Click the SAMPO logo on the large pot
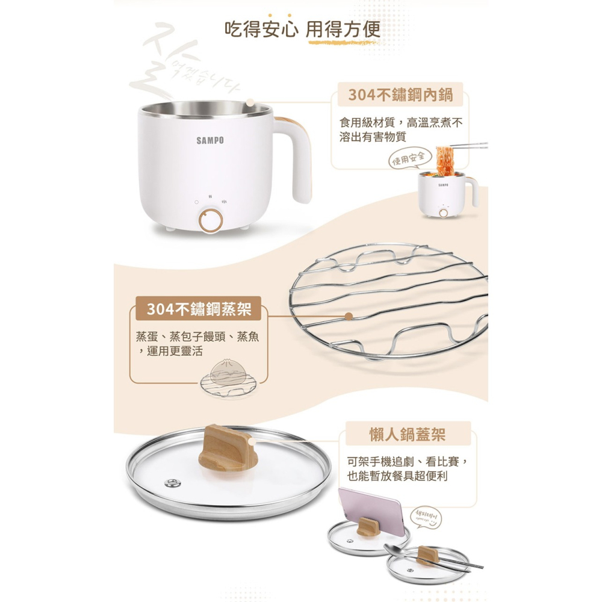click(210, 140)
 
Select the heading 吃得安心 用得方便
click(302, 29)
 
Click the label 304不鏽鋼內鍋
click(400, 95)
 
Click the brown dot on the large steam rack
click(349, 316)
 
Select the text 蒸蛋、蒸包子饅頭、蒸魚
click(197, 337)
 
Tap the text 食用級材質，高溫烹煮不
click(401, 123)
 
